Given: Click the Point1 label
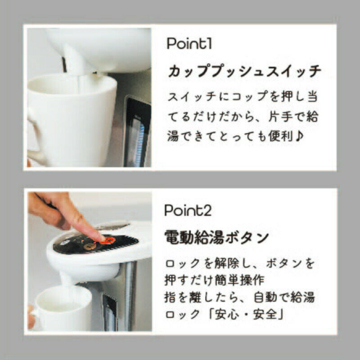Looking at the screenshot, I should coord(189,44).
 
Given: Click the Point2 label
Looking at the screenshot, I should coord(188,210).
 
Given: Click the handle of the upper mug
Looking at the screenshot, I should coord(35,130).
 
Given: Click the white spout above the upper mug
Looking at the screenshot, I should coord(76,58).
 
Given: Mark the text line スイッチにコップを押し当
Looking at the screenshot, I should coord(245,97).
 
